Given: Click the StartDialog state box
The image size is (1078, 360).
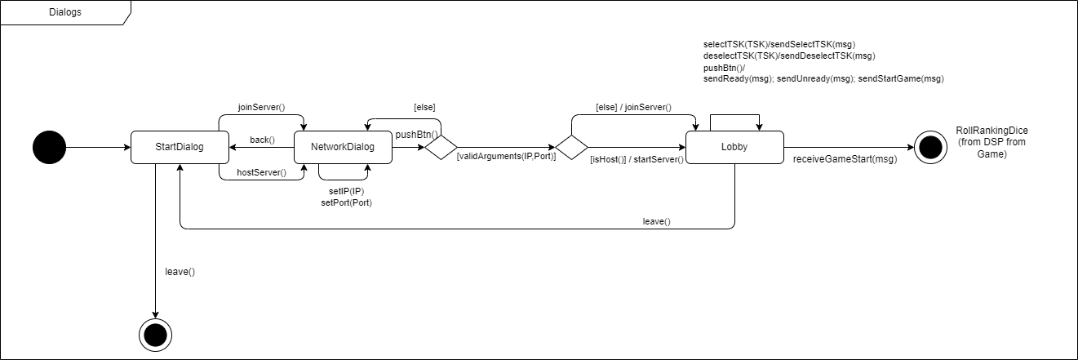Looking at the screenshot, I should click(179, 147).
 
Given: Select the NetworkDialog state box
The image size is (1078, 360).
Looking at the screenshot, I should click(343, 147).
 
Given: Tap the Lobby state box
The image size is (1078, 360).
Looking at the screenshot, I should click(734, 147).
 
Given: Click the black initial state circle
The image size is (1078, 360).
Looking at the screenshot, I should click(49, 147).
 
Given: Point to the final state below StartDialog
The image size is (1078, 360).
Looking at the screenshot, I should click(155, 333).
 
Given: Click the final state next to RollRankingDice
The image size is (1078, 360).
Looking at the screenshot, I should click(929, 147).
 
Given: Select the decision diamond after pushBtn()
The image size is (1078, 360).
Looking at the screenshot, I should click(441, 148).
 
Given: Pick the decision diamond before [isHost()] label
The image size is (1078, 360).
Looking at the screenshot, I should click(571, 148).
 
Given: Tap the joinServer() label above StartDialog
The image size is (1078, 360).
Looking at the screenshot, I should click(261, 107).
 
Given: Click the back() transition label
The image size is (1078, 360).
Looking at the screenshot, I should click(262, 140).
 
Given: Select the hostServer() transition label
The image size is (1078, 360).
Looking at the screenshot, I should click(261, 172).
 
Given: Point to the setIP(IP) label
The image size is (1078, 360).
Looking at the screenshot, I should click(346, 191).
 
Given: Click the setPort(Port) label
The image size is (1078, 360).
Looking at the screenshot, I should click(346, 202).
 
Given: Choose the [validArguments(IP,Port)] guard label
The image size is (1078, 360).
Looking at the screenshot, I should click(506, 156).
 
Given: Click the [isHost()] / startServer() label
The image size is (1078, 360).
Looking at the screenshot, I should click(636, 159).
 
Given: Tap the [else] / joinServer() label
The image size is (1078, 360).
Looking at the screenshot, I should click(633, 107).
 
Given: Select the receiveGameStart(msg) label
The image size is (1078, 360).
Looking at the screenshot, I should click(845, 159).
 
